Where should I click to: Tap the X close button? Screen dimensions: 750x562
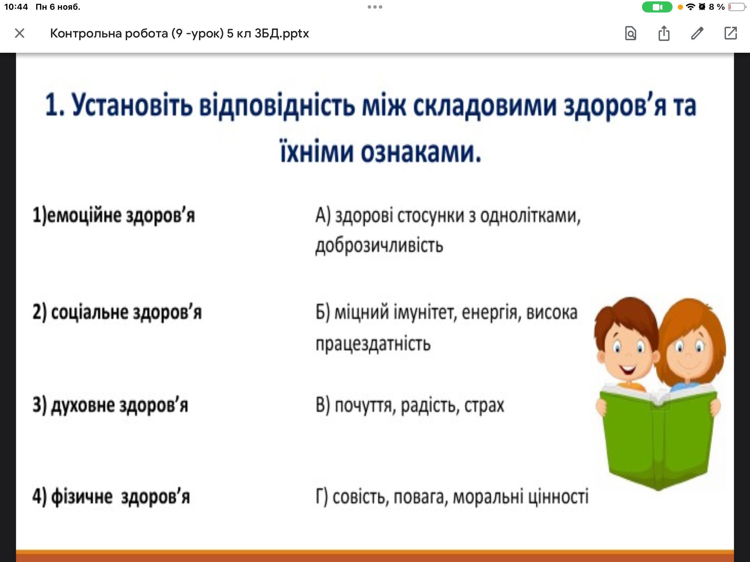[x=20, y=33]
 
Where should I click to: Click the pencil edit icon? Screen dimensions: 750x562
[x=697, y=33]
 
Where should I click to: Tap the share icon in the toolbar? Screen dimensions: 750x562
[x=664, y=33]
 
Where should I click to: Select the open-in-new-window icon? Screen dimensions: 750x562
[x=731, y=33]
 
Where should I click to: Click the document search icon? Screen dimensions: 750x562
[x=631, y=33]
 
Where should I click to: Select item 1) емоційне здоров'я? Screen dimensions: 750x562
[x=114, y=215]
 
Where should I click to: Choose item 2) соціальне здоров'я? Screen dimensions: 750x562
[x=117, y=312]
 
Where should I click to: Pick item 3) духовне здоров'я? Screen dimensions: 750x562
[x=110, y=405]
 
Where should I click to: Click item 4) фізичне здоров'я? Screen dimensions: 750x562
[x=111, y=497]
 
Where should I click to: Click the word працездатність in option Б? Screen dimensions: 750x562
[x=373, y=344]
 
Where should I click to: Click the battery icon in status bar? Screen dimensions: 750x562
[x=737, y=7]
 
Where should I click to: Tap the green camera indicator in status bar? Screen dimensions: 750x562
[x=657, y=7]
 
